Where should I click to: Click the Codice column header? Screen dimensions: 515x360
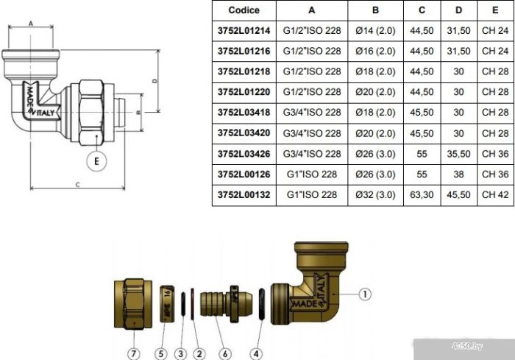click(244, 10)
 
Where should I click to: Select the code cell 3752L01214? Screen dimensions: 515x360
click(244, 31)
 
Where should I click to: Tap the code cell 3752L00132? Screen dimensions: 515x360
click(244, 194)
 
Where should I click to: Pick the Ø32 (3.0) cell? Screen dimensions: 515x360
click(375, 194)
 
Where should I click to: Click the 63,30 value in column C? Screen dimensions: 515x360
click(422, 194)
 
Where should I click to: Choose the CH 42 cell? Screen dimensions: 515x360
click(495, 194)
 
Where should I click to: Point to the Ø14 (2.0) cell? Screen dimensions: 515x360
click(375, 31)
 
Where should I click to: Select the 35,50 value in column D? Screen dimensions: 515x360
click(458, 154)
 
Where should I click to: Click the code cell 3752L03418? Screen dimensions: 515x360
click(244, 113)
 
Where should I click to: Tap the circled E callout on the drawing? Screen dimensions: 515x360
click(96, 161)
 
